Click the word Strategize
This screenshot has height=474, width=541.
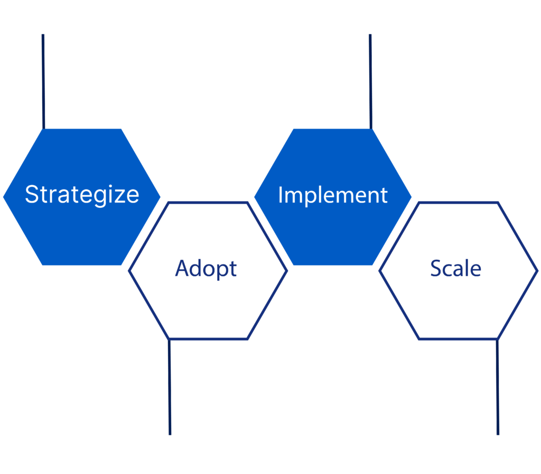point(82,195)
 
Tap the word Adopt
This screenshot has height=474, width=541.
point(206,269)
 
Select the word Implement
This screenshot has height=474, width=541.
point(333,196)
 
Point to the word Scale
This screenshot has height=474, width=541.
point(455,268)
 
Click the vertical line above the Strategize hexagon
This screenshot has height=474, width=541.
point(43,81)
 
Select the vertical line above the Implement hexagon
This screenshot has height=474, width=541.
point(370,81)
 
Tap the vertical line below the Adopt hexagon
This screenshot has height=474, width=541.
point(170,387)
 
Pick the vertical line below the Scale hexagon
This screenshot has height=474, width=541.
point(498,387)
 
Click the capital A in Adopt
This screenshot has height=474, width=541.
point(183,268)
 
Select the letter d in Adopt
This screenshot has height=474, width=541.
point(200,268)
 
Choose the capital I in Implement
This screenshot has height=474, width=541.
point(281,195)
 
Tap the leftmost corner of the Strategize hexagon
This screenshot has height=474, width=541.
point(3,197)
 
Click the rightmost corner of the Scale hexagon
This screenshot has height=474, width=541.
point(538,271)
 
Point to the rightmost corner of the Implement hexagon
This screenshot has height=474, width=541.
point(412,197)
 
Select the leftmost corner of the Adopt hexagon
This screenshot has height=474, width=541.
point(128,271)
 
